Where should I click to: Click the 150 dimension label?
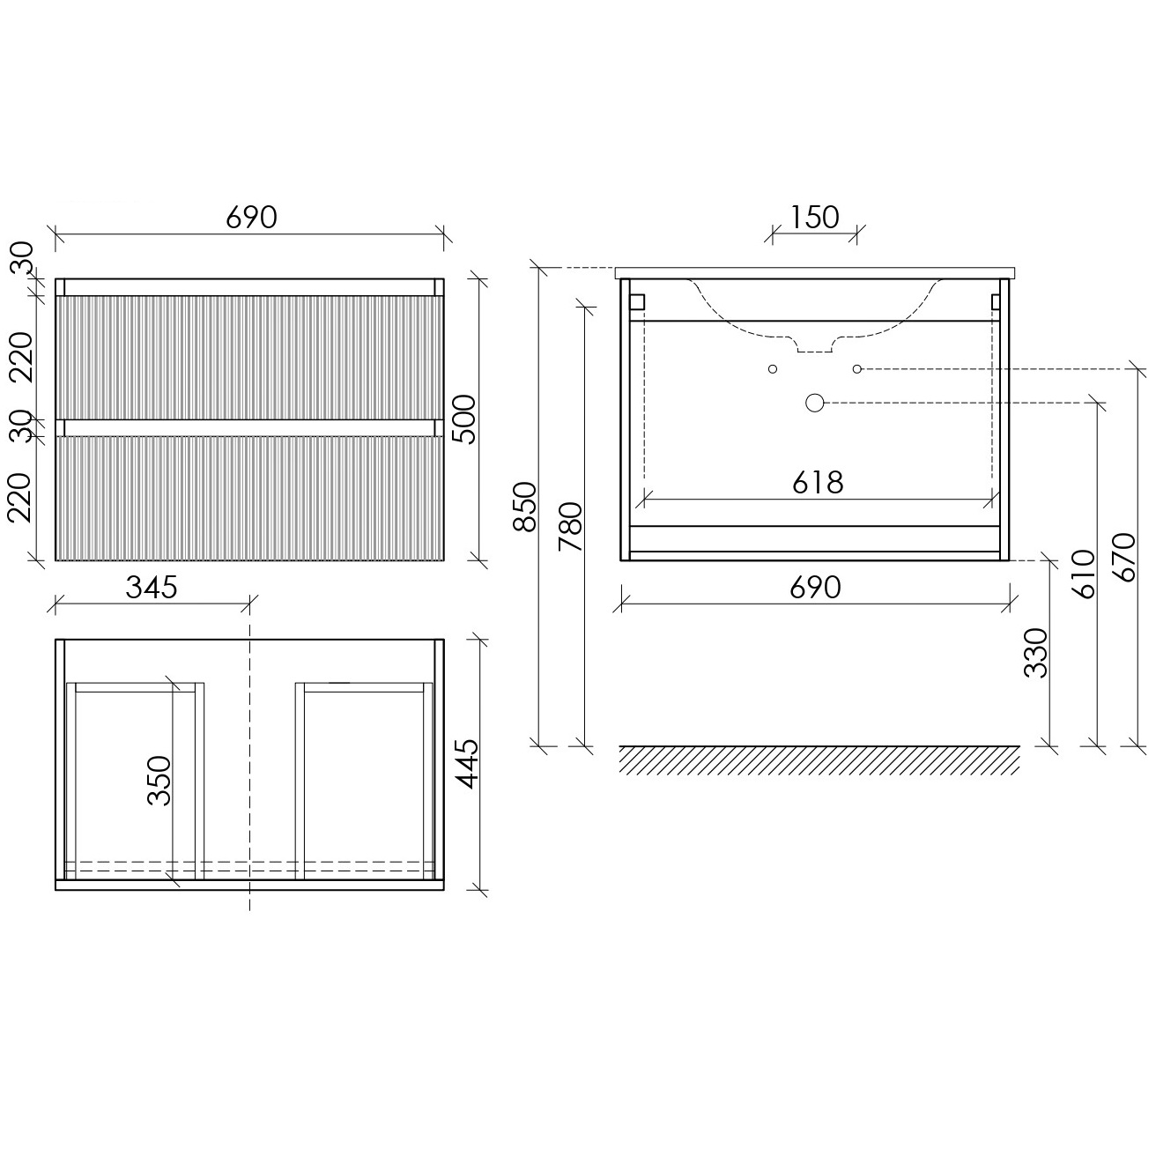click(814, 218)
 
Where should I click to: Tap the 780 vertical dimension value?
click(570, 526)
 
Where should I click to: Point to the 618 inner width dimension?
click(818, 482)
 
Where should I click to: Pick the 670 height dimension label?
click(1123, 557)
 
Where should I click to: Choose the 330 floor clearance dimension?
click(1035, 653)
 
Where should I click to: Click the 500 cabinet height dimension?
click(463, 419)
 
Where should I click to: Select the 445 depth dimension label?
click(466, 763)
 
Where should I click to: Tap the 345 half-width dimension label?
click(152, 588)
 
